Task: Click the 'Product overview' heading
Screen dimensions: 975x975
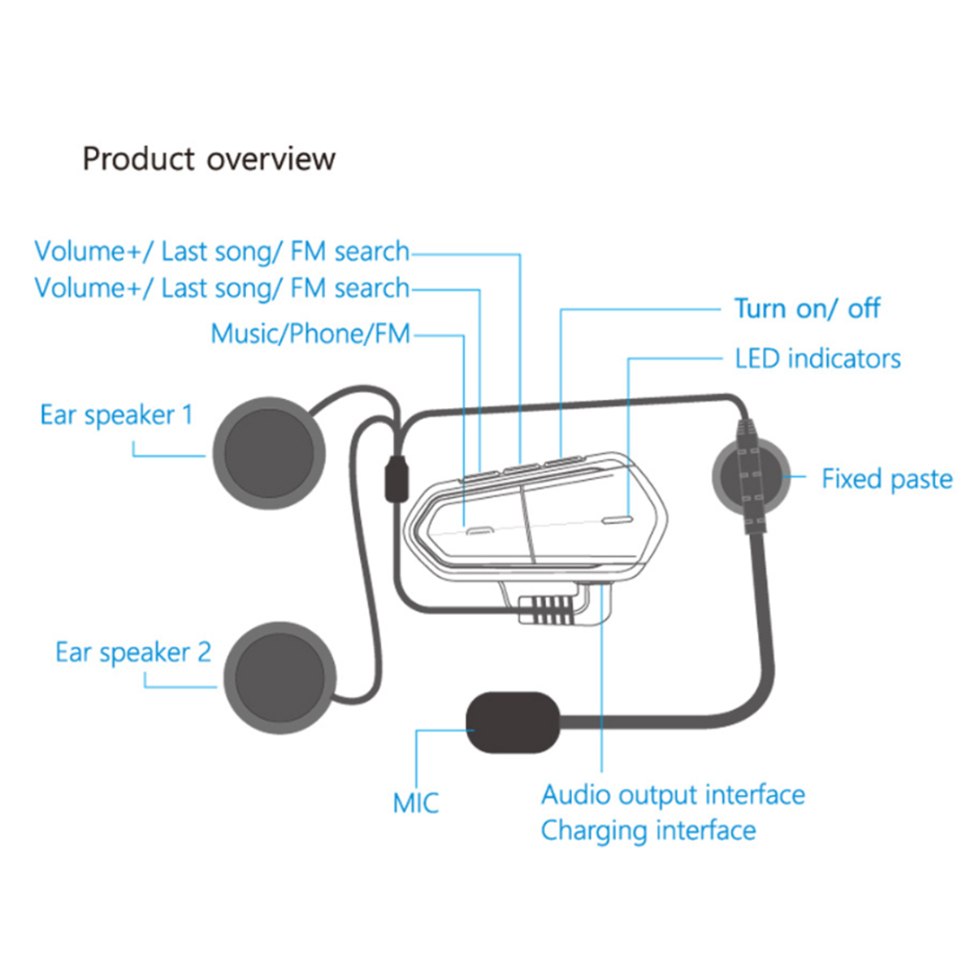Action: click(209, 158)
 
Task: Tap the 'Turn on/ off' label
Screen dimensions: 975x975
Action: click(807, 309)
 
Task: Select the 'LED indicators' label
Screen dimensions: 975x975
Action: click(817, 358)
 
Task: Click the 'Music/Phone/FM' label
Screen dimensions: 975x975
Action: click(310, 334)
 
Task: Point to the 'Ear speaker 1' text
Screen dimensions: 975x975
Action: click(117, 415)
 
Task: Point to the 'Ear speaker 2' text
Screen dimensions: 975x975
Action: click(132, 652)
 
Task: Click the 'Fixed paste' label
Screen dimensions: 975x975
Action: click(886, 479)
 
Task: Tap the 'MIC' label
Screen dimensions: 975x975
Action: click(415, 803)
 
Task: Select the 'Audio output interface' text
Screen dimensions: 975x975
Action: click(673, 794)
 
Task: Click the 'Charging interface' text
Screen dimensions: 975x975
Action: click(648, 830)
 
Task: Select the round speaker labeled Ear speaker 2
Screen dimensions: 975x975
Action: click(280, 678)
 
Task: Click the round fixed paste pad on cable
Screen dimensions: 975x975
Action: click(750, 477)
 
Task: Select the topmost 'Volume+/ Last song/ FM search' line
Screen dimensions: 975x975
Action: click(221, 252)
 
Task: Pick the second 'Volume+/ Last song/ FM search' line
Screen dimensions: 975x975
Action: click(221, 288)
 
